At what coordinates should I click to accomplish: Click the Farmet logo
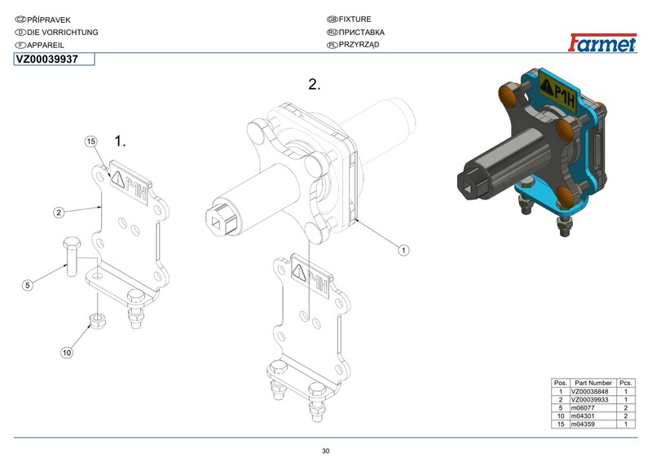602,42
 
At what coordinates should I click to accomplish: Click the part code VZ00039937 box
54,59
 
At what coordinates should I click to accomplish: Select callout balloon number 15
90,142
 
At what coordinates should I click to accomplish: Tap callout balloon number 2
59,213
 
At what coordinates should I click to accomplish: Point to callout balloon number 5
28,285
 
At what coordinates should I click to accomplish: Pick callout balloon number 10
67,353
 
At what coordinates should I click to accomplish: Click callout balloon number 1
403,250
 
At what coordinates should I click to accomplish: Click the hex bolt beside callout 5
72,257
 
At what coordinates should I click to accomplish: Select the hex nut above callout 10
97,320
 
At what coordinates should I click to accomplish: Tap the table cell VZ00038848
589,391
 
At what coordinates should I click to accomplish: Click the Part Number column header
593,383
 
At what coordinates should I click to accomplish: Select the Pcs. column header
626,383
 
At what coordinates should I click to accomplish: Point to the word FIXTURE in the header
355,19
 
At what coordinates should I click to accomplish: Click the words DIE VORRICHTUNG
63,33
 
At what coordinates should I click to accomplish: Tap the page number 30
325,451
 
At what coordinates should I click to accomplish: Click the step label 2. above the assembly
315,85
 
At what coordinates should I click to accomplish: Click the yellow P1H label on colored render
559,93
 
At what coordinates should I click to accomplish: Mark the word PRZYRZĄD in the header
359,45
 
